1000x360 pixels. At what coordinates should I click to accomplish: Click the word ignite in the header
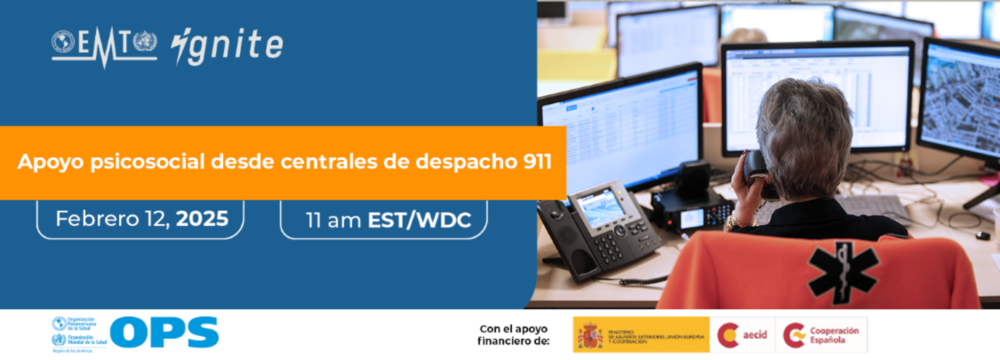pyautogui.click(x=227, y=46)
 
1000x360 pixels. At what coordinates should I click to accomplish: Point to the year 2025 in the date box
pyautogui.click(x=202, y=219)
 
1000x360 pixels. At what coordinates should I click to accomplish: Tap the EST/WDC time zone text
pyautogui.click(x=419, y=220)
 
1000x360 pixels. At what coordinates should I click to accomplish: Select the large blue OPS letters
pyautogui.click(x=165, y=332)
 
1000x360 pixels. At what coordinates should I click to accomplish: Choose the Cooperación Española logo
pyautogui.click(x=821, y=335)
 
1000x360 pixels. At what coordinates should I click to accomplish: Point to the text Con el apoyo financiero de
pyautogui.click(x=513, y=335)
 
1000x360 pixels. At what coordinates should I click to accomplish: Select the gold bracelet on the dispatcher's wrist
pyautogui.click(x=738, y=222)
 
